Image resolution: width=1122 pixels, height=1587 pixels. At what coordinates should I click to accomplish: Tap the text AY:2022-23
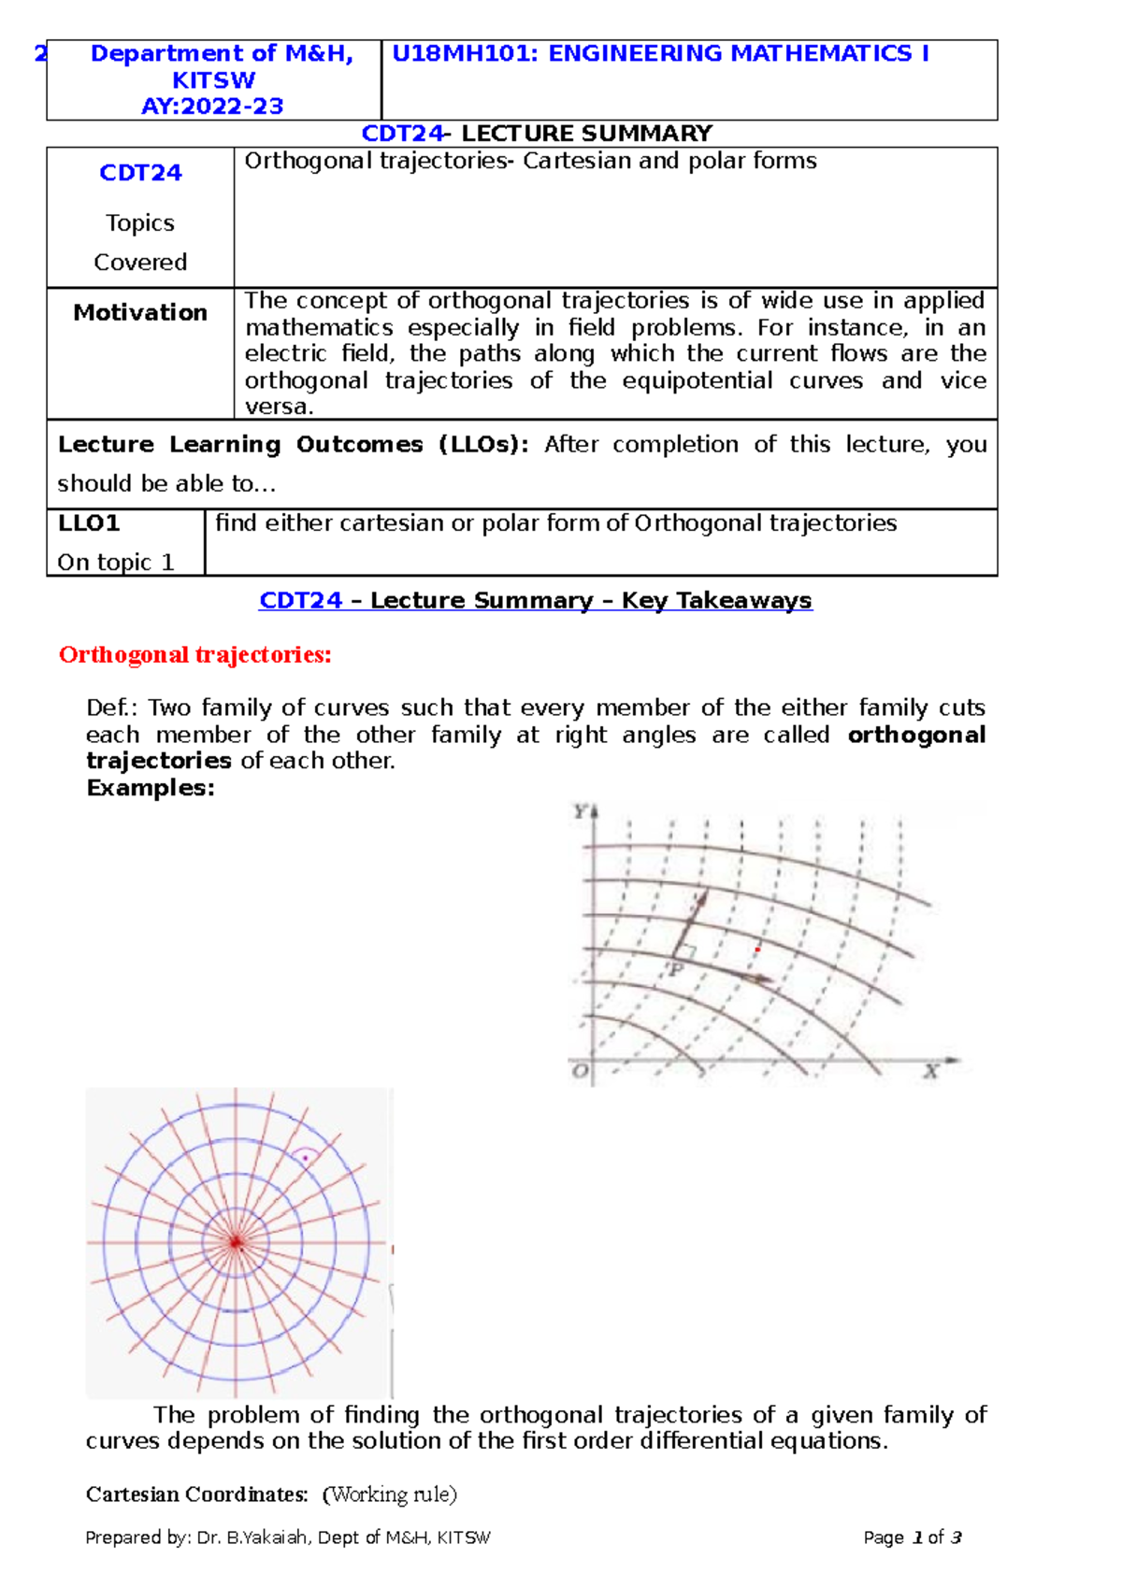pos(212,107)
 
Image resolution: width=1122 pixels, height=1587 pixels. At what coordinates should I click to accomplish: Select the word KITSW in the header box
pos(213,80)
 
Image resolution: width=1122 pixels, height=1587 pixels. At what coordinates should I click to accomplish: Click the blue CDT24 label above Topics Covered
pos(140,173)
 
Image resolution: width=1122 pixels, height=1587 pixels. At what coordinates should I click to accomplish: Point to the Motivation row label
pos(140,312)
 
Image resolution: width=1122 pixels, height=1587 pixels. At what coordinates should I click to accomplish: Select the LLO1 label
pos(89,523)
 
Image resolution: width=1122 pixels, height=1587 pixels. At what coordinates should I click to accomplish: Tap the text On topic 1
pos(116,563)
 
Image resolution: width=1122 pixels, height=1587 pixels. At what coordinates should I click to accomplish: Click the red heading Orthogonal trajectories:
pos(194,654)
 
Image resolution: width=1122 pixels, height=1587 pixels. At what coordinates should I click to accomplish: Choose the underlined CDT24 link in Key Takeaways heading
pos(300,600)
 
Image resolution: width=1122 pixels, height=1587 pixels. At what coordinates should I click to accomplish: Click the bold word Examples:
pos(151,788)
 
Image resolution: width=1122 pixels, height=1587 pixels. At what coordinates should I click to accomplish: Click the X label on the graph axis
pos(930,1071)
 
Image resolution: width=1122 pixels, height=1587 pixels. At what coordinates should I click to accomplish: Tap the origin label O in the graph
pos(581,1071)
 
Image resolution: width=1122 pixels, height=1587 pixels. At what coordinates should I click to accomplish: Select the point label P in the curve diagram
pos(676,970)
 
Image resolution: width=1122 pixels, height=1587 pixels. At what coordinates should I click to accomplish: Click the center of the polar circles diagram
pos(236,1242)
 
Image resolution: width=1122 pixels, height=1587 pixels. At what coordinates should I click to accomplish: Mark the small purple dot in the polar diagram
pos(305,1158)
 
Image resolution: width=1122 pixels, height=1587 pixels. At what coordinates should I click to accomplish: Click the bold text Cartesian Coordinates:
pos(196,1494)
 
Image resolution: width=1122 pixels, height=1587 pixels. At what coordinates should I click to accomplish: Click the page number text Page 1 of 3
pos(912,1537)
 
